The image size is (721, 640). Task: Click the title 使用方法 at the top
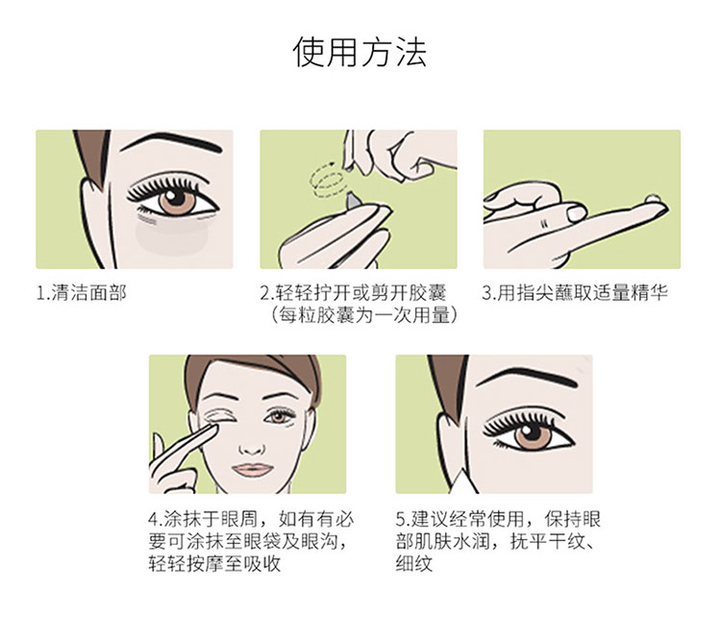click(x=360, y=52)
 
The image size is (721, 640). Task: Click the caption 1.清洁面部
click(x=82, y=293)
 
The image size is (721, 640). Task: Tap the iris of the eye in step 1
click(x=177, y=202)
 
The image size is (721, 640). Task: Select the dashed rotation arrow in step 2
click(x=327, y=181)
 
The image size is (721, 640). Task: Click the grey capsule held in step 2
click(x=353, y=200)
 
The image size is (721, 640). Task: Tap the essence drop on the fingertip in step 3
click(x=653, y=200)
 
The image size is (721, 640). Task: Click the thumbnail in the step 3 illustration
click(x=576, y=213)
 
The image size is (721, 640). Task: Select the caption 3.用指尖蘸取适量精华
click(x=575, y=293)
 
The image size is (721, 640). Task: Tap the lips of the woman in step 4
click(x=252, y=470)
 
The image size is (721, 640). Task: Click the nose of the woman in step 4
click(x=252, y=447)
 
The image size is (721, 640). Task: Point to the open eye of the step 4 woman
click(x=279, y=416)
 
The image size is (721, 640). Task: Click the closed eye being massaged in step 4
click(x=219, y=416)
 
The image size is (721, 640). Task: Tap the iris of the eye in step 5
click(x=533, y=434)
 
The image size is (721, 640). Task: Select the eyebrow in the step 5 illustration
click(x=527, y=377)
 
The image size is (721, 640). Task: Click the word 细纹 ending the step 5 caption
click(x=414, y=564)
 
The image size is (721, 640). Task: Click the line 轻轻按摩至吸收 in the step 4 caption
click(x=214, y=564)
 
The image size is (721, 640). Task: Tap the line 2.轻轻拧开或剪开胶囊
click(x=353, y=293)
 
